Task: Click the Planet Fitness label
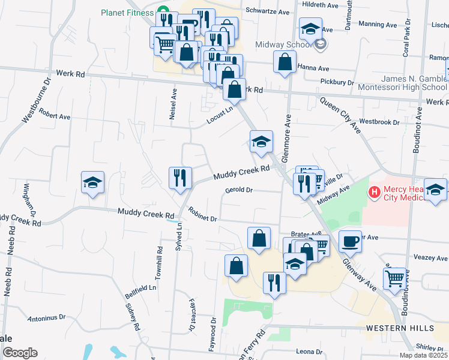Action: pyautogui.click(x=127, y=11)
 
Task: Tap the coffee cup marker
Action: pyautogui.click(x=351, y=241)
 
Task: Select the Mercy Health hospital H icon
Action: pyautogui.click(x=375, y=193)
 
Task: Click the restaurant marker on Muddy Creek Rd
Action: pyautogui.click(x=180, y=178)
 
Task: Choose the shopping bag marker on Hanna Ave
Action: pyautogui.click(x=285, y=62)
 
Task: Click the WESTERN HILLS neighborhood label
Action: pyautogui.click(x=400, y=328)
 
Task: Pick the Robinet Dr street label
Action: pyautogui.click(x=202, y=215)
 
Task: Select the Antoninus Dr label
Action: pyautogui.click(x=46, y=317)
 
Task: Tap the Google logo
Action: pyautogui.click(x=20, y=353)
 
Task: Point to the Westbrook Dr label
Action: pyautogui.click(x=379, y=122)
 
